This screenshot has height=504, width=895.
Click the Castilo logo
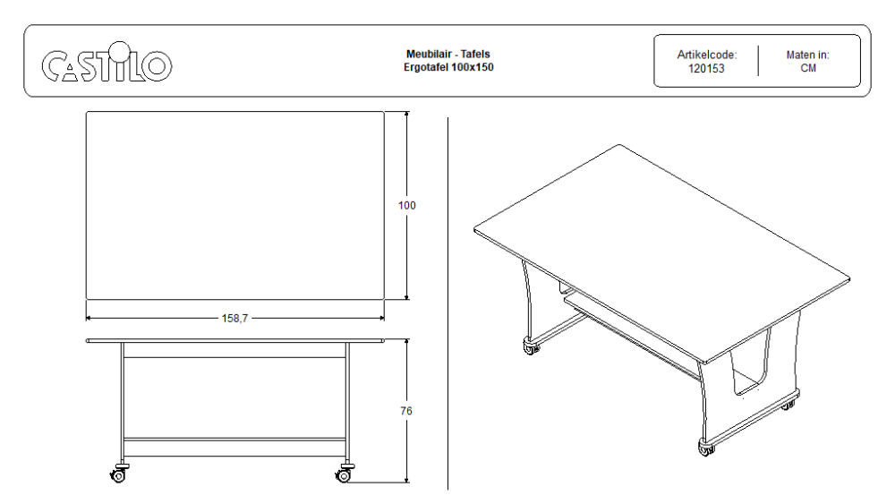pos(107,62)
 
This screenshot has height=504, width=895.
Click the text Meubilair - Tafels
pos(448,55)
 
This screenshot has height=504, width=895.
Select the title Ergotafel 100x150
pos(448,67)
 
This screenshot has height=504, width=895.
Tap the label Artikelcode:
pos(707,55)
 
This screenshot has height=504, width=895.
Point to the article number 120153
pos(706,69)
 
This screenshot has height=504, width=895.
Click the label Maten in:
pos(807,55)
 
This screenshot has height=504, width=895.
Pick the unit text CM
pos(808,68)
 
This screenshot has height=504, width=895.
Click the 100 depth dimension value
pos(407,206)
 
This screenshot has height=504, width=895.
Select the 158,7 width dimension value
pos(234,319)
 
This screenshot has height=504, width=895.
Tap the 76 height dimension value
pos(405,411)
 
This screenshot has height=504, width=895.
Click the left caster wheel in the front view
pos(119,474)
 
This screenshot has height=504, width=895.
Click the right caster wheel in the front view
pos(345,474)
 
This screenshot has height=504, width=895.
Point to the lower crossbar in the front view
pos(234,440)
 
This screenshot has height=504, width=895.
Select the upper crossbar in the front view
pos(234,357)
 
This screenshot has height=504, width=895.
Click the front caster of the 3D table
pos(707,448)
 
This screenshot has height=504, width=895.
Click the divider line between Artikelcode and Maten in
pos(758,61)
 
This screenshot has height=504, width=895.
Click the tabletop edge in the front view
pos(234,341)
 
